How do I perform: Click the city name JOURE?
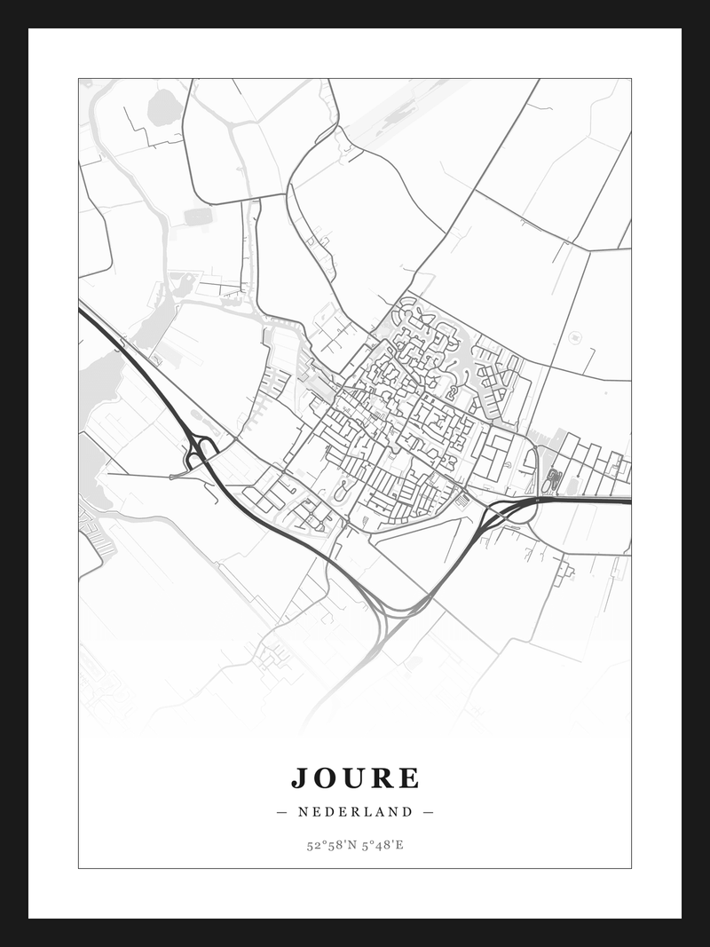coord(355,778)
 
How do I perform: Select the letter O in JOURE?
coord(327,778)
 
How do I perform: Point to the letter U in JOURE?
coord(356,778)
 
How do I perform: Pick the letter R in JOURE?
coord(383,778)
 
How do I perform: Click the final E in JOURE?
coord(408,778)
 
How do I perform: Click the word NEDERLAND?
coord(356,811)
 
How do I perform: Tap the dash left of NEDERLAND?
coord(282,811)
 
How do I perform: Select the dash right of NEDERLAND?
coord(429,811)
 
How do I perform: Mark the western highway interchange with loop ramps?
coord(200,450)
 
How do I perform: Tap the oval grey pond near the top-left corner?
coord(162,107)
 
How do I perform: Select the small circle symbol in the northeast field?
coord(573,336)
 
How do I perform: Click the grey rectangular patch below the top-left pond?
coord(198,216)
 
